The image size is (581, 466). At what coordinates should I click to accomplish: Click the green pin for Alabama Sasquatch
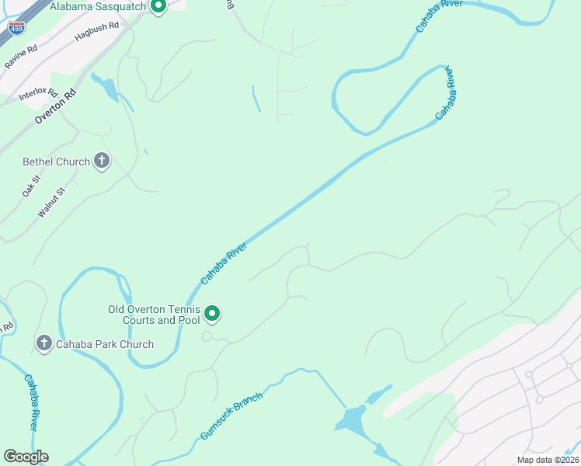[x=158, y=7]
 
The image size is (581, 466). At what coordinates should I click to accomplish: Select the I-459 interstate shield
[x=16, y=28]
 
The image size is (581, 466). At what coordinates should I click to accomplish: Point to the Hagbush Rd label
[x=97, y=31]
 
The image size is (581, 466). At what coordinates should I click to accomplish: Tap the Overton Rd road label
[x=57, y=106]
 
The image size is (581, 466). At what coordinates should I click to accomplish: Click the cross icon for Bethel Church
[x=101, y=162]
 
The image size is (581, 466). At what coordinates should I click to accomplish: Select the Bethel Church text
[x=57, y=162]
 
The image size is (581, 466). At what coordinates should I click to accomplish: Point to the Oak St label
[x=32, y=187]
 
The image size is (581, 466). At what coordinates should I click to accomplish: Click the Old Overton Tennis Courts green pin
[x=212, y=314]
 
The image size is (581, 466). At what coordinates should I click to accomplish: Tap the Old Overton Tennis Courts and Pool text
[x=154, y=315]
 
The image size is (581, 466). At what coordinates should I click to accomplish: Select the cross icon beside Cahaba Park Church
[x=43, y=343]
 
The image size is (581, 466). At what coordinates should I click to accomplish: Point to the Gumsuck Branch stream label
[x=231, y=416]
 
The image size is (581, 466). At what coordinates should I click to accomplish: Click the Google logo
[x=26, y=457]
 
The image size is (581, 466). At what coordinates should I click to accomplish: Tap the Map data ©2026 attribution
[x=547, y=460]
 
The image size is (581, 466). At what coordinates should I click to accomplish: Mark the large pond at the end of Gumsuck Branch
[x=352, y=422]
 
